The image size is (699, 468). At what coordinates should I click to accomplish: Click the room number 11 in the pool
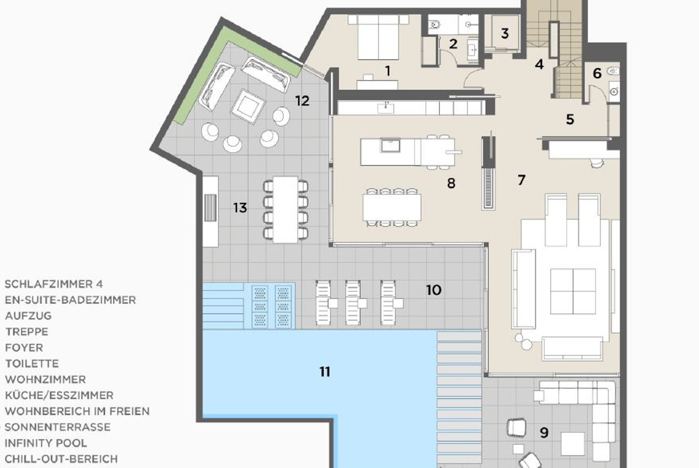pyautogui.click(x=325, y=371)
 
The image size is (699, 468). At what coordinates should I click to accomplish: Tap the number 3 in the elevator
pyautogui.click(x=505, y=33)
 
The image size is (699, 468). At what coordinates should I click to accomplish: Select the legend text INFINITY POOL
pyautogui.click(x=46, y=443)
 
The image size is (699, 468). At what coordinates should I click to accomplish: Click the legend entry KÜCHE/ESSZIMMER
pyautogui.click(x=59, y=395)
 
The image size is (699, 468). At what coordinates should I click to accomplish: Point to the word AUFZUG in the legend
pyautogui.click(x=28, y=316)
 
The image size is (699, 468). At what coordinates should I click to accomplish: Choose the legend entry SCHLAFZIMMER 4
pyautogui.click(x=54, y=284)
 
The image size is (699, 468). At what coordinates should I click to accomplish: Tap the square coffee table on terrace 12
pyautogui.click(x=248, y=106)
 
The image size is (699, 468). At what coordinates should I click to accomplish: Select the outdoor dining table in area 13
pyautogui.click(x=286, y=209)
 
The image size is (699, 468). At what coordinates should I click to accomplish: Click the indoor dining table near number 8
pyautogui.click(x=392, y=207)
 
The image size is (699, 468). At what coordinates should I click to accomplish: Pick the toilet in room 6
pyautogui.click(x=613, y=71)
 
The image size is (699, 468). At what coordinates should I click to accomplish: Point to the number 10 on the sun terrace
pyautogui.click(x=434, y=290)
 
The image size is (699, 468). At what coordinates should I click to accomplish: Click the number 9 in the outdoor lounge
pyautogui.click(x=544, y=433)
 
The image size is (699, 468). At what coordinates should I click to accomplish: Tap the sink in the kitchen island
pyautogui.click(x=390, y=146)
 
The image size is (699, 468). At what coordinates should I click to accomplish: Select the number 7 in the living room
pyautogui.click(x=521, y=180)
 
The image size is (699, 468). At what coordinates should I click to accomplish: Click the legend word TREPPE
pyautogui.click(x=27, y=332)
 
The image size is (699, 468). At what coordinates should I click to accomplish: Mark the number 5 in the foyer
pyautogui.click(x=570, y=119)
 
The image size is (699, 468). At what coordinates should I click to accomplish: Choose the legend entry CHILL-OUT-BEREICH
pyautogui.click(x=61, y=459)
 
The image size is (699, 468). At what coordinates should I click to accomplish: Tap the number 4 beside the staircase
pyautogui.click(x=539, y=64)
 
